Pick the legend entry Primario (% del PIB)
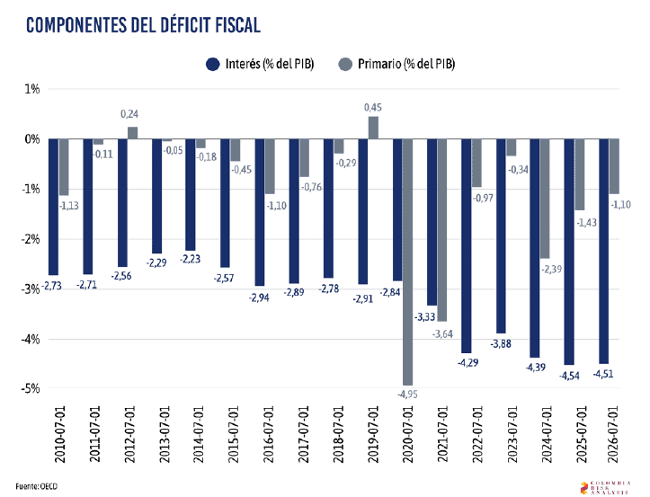395,64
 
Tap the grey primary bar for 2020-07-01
407,261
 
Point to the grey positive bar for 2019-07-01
373,128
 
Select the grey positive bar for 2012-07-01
132,133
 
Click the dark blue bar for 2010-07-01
53,207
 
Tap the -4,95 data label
407,393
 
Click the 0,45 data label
373,108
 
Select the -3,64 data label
441,333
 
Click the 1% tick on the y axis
32,89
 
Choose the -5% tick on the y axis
31,388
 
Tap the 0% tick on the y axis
32,139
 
